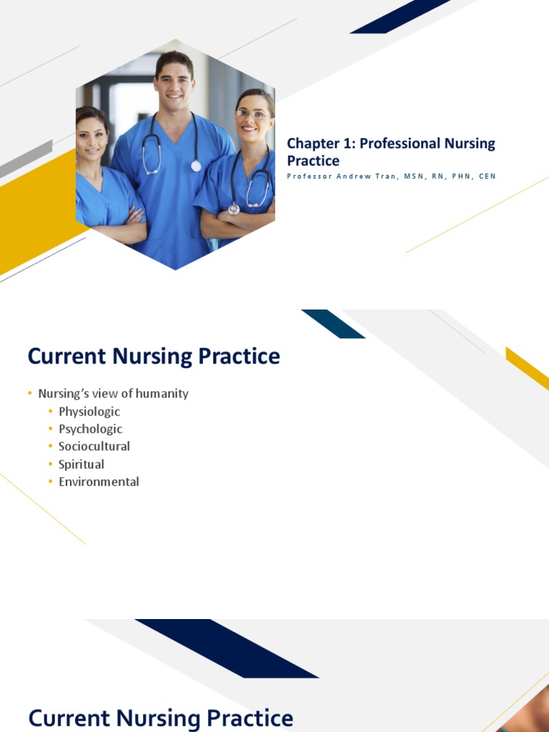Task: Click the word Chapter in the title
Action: point(312,144)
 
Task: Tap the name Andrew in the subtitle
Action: point(353,176)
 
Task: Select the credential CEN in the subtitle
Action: point(487,176)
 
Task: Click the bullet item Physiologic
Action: point(89,412)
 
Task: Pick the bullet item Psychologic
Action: point(91,429)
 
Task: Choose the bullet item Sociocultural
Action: point(94,446)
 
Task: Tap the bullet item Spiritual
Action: point(81,464)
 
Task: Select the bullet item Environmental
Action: point(99,482)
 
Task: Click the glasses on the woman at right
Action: point(252,114)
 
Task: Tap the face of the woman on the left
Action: point(91,136)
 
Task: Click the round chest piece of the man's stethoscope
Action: point(196,166)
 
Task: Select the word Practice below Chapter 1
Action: point(313,161)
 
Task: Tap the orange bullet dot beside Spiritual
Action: point(51,465)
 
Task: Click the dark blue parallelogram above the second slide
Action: point(332,324)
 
